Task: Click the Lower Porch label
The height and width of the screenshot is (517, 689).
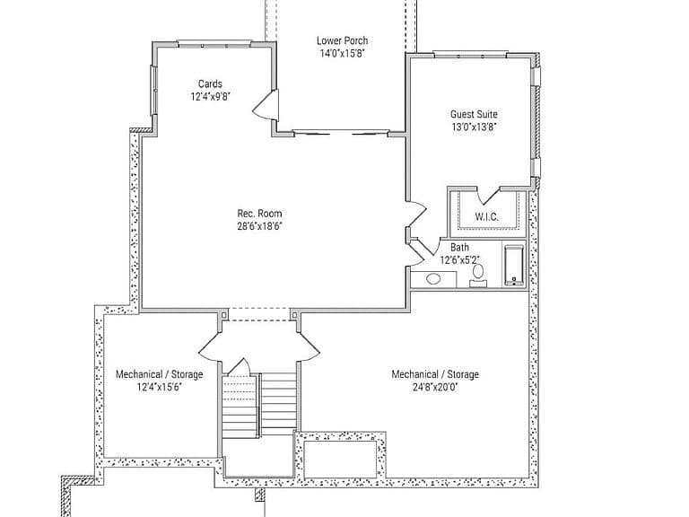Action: coord(343,40)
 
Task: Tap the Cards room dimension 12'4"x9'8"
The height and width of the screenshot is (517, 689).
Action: coord(211,97)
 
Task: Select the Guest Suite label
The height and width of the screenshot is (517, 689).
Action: coord(474,114)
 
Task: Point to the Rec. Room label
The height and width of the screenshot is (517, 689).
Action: coord(259,214)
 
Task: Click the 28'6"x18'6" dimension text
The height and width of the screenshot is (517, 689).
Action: coord(259,226)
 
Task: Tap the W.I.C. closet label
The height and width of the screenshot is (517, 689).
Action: coord(487,216)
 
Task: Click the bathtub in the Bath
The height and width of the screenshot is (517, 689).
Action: coord(515,265)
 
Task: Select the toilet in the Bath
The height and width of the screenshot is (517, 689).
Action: coord(477,275)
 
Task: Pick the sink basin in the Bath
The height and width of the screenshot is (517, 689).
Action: coord(433,279)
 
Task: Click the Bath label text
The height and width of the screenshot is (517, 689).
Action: coord(459,248)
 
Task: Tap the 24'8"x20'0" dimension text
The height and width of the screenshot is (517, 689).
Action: coord(435,388)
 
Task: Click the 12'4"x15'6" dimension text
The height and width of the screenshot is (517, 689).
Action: coord(160,388)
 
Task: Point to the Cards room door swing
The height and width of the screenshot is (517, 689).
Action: coord(266,105)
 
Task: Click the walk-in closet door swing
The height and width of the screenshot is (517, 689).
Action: coord(488,195)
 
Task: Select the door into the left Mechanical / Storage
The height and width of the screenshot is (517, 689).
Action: coord(210,347)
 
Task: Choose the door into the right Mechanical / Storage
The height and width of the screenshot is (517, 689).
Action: coord(310,347)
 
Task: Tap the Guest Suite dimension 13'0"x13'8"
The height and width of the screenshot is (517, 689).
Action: coord(474,127)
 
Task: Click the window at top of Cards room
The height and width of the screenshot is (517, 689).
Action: coord(214,43)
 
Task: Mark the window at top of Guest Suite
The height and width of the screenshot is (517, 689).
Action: coord(471,55)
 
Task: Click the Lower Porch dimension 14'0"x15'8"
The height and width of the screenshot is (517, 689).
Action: coord(343,54)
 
